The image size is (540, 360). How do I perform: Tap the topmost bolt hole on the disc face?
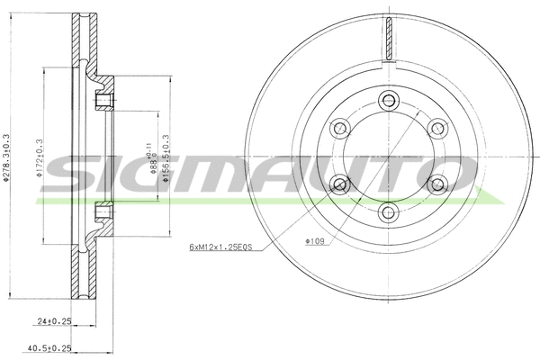[x=390, y=98]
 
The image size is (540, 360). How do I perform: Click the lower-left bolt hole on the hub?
[x=340, y=184]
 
